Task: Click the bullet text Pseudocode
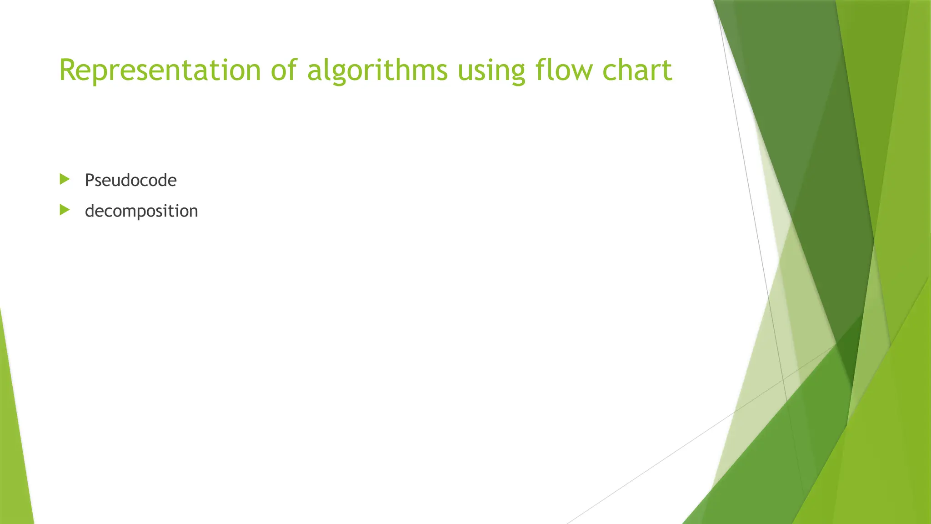(130, 181)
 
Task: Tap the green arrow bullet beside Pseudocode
(65, 179)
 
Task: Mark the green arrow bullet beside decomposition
(65, 210)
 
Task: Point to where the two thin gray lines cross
(782, 379)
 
